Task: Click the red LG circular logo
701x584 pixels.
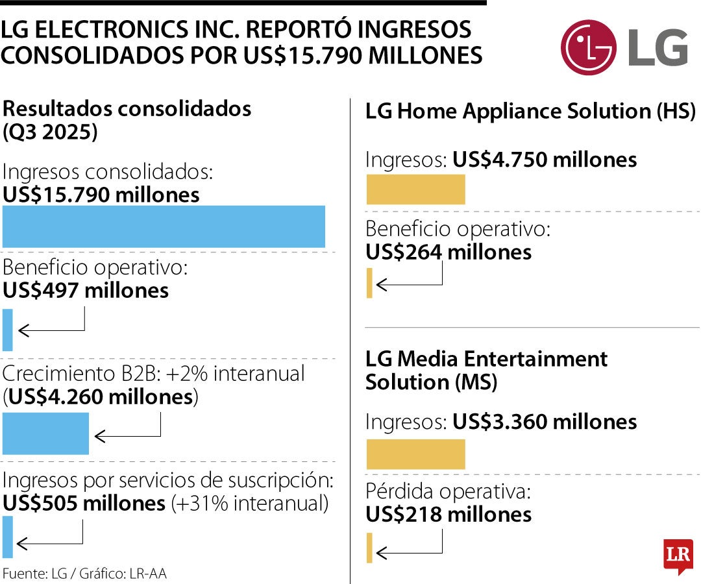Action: [x=588, y=47]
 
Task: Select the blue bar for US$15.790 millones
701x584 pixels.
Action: [x=164, y=226]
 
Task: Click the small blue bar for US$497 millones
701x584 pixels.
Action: [x=7, y=330]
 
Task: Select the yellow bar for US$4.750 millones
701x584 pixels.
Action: [x=415, y=189]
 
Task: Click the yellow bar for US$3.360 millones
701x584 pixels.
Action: [x=415, y=454]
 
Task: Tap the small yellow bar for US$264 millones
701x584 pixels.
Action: [x=369, y=284]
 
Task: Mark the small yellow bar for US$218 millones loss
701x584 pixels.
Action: [x=369, y=548]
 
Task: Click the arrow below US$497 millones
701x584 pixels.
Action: [x=52, y=330]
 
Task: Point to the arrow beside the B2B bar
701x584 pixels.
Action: [x=127, y=434]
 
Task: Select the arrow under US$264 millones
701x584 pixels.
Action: [x=409, y=284]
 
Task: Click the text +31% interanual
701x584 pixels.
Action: [x=249, y=503]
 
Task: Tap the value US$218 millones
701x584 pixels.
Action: [x=449, y=515]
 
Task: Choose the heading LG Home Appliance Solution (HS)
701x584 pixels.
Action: [x=530, y=111]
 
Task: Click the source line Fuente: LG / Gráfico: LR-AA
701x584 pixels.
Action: [x=84, y=574]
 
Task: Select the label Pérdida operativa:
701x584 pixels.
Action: [x=448, y=491]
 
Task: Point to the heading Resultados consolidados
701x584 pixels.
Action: [x=127, y=108]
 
